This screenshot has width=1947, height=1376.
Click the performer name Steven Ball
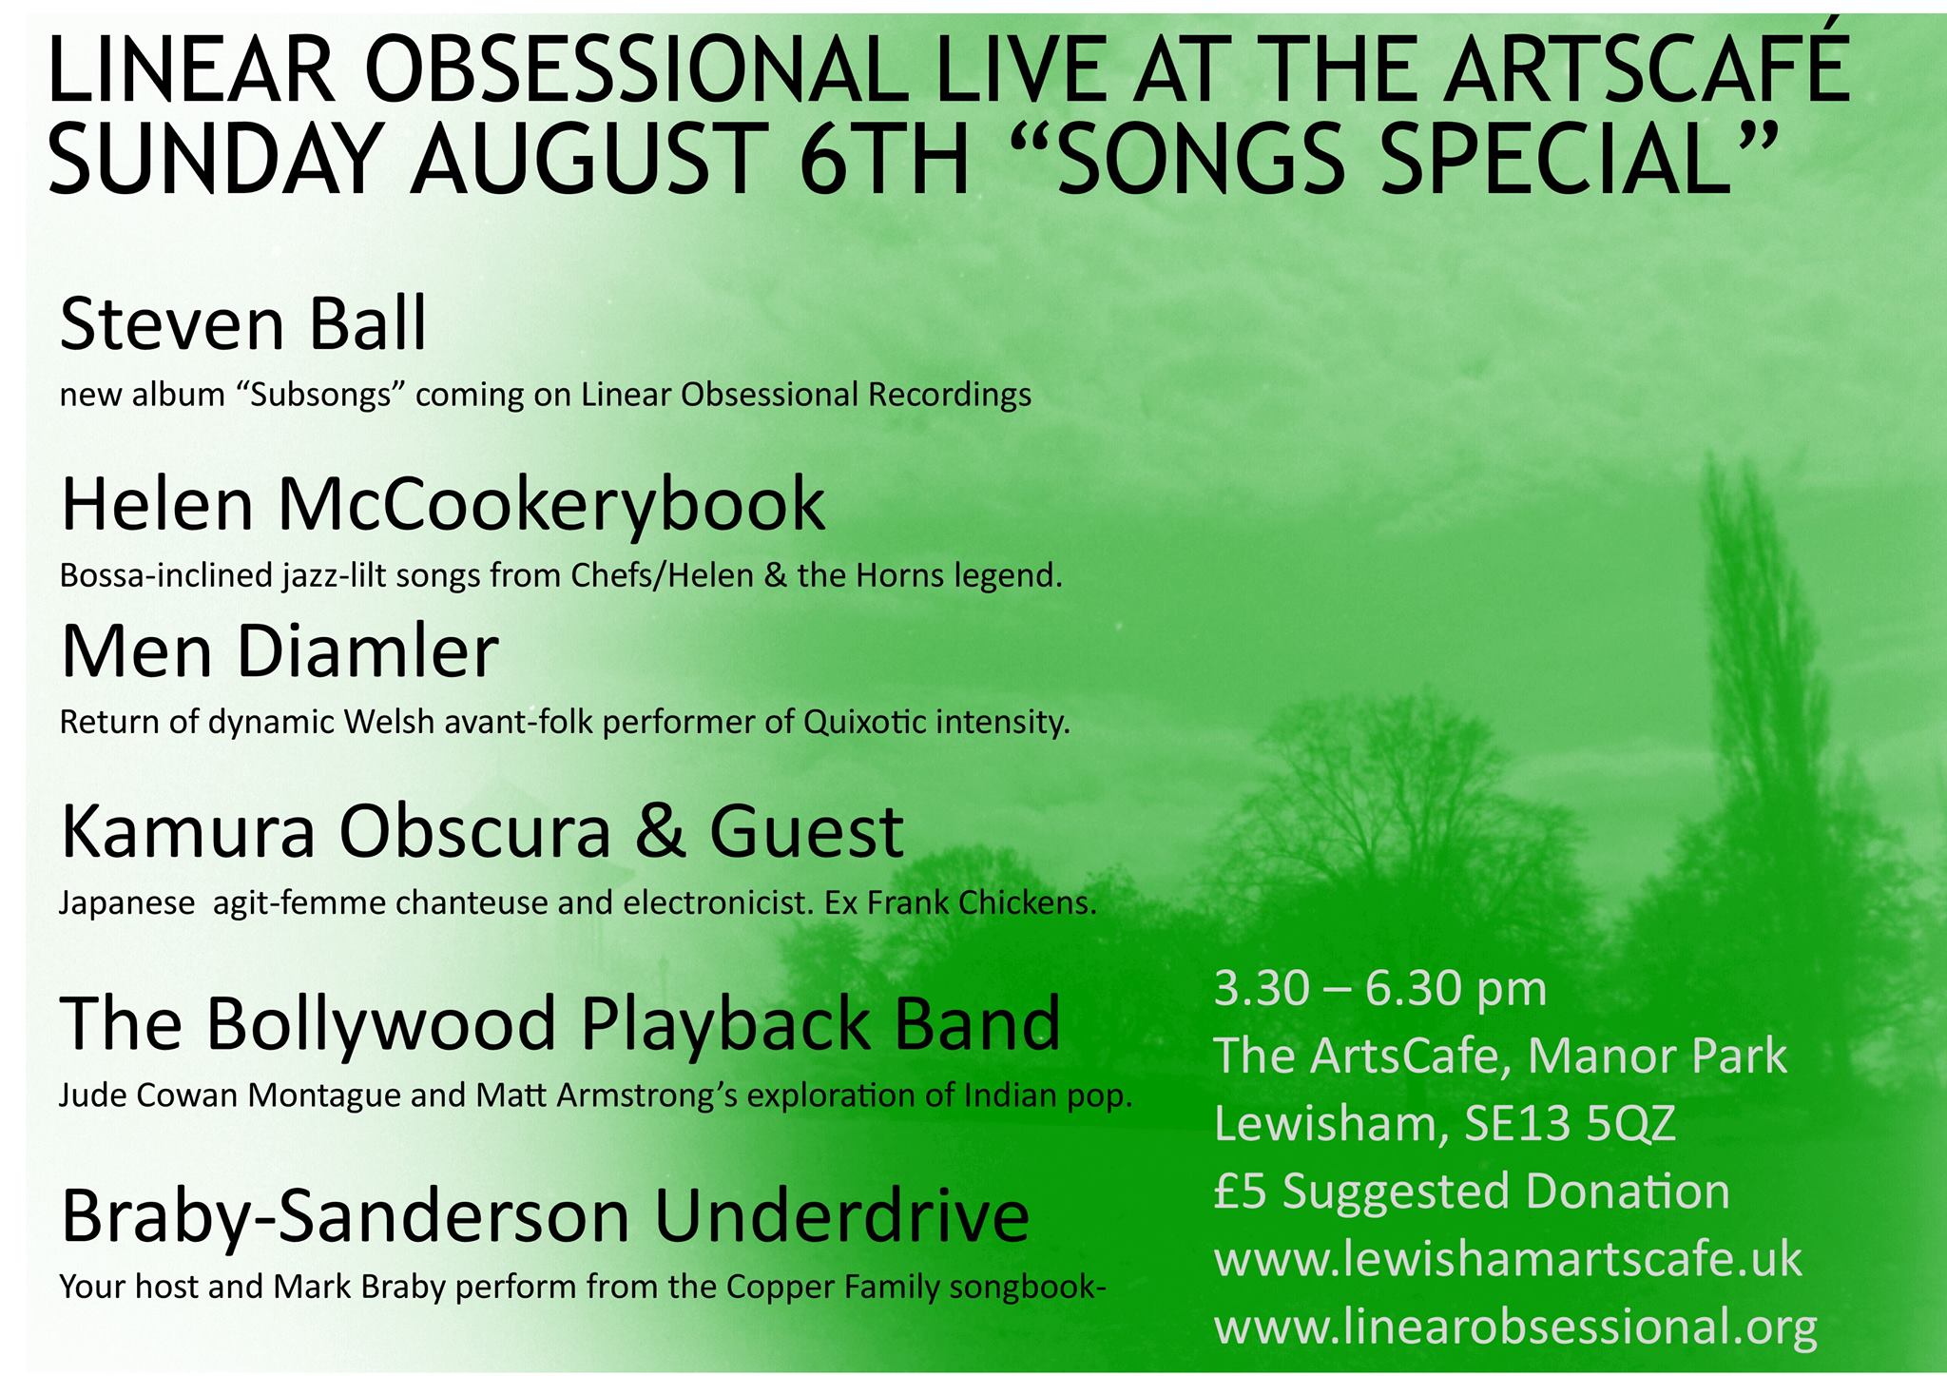tap(243, 323)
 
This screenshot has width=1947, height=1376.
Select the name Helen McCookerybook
tap(443, 505)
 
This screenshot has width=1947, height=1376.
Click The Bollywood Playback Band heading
tap(560, 1023)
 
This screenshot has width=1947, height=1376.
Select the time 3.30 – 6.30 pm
tap(1379, 989)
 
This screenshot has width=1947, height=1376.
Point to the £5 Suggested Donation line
tap(1472, 1192)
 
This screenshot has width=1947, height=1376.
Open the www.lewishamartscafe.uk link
tap(1508, 1259)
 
